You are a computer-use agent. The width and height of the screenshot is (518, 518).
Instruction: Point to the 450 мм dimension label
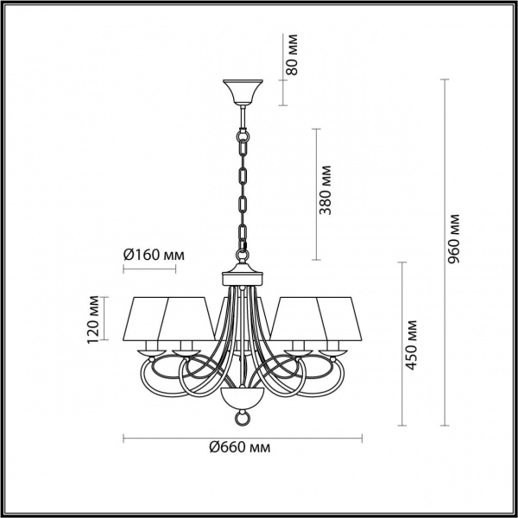coord(414,344)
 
